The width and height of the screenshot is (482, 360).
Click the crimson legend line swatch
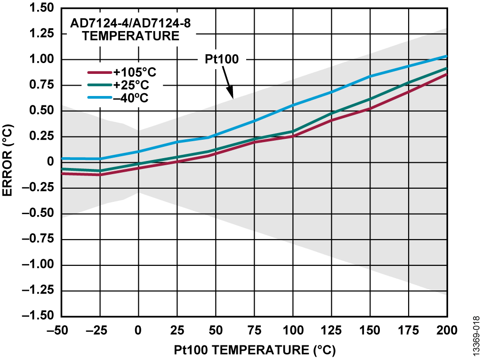point(99,72)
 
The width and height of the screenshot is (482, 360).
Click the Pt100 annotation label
point(222,59)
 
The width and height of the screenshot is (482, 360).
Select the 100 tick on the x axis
point(293,330)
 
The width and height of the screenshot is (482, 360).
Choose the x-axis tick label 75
point(254,330)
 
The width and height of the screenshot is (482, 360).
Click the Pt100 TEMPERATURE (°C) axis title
point(255,350)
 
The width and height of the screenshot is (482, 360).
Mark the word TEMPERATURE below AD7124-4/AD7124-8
point(131,36)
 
